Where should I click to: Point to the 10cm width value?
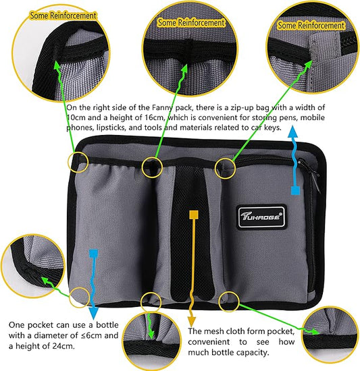(x=76, y=119)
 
